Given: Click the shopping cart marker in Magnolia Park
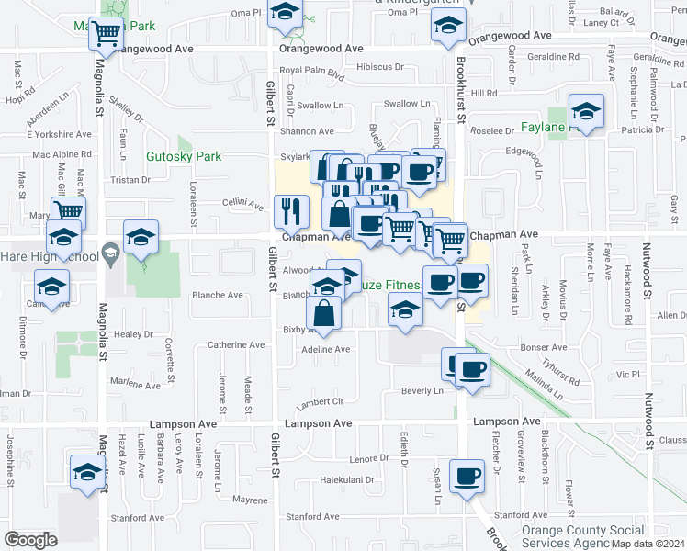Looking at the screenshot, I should coord(106,33).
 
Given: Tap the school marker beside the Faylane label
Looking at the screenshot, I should coord(586,112).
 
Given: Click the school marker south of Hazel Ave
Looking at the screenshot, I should coord(87,473).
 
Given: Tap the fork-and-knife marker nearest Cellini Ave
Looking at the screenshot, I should coord(291,212).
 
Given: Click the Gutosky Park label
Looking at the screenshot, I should coord(184,157).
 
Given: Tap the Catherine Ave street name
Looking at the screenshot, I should coord(236,345).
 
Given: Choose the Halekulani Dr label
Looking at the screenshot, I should coord(347,479).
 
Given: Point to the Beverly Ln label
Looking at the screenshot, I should coord(422,390).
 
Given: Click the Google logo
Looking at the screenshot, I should coord(31,540).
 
